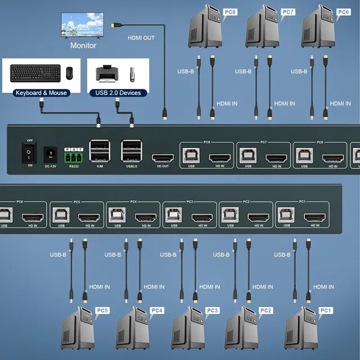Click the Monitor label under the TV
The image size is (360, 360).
(83, 46)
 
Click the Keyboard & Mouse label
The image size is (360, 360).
(42, 93)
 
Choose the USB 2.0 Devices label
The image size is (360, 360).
(119, 93)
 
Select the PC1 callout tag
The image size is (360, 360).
(326, 310)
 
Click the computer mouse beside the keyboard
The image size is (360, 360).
(69, 73)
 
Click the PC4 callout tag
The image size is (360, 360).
(157, 310)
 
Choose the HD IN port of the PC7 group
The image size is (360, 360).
(277, 158)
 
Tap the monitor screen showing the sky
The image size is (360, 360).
(82, 25)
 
